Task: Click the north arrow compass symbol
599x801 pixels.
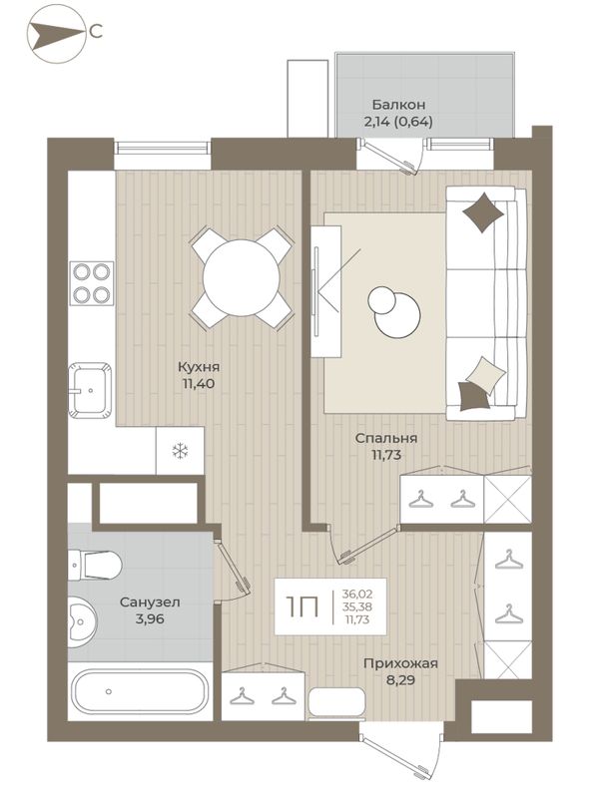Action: pos(55,34)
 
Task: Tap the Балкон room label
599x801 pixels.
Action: pos(398,105)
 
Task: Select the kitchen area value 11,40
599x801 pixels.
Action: pos(199,384)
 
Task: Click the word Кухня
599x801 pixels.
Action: pos(199,367)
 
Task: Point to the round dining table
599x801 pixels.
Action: pos(242,279)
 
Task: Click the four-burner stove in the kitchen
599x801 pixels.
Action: pos(92,283)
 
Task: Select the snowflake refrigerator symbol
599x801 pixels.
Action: pos(180,451)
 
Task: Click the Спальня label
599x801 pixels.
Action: pos(386,438)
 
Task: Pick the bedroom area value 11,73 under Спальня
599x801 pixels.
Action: pos(386,455)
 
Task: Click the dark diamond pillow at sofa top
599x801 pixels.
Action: pos(482,211)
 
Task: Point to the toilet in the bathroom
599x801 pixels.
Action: pos(95,566)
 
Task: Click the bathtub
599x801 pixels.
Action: pos(140,691)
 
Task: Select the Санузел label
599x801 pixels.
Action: pos(150,602)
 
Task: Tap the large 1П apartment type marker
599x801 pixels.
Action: pos(302,607)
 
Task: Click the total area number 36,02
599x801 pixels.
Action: pos(357,595)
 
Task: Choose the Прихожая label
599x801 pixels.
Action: pos(400,663)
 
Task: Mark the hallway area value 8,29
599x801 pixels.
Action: pos(400,680)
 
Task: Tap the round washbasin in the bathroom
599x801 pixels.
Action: pos(82,621)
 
